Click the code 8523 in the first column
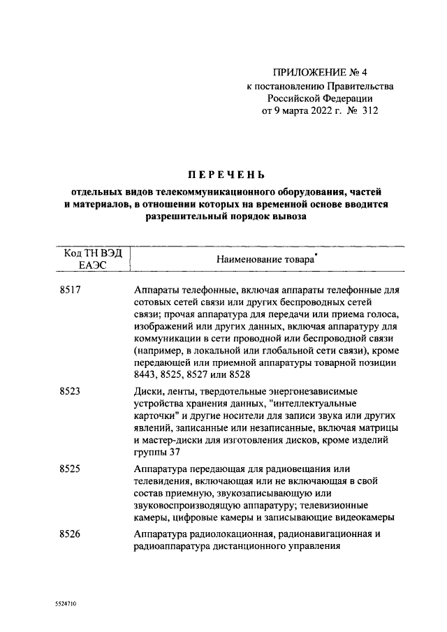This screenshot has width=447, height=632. point(70,391)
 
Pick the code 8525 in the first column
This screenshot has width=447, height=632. point(70,467)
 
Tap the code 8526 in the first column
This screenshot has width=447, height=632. point(70,534)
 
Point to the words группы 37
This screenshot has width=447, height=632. point(152,453)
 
